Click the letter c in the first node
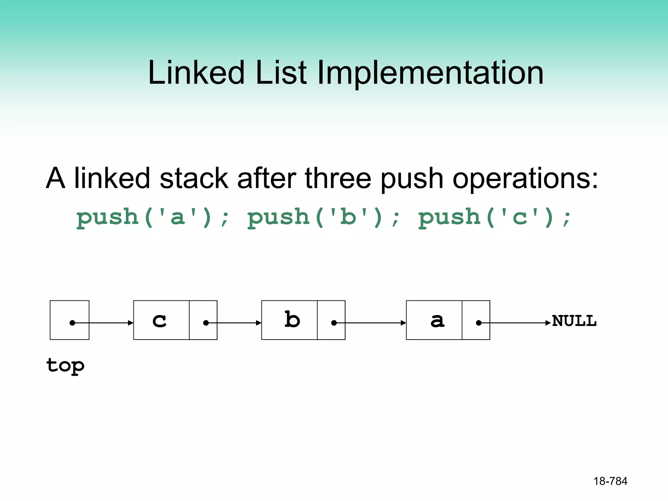point(159,321)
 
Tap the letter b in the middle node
point(292,319)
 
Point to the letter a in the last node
point(437,321)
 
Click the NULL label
point(574,321)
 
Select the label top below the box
point(66,366)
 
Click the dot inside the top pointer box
point(72,323)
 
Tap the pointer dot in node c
point(206,323)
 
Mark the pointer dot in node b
point(334,323)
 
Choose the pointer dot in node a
point(478,323)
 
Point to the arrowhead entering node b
point(259,323)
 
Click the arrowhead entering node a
point(403,323)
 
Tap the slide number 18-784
point(610,481)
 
